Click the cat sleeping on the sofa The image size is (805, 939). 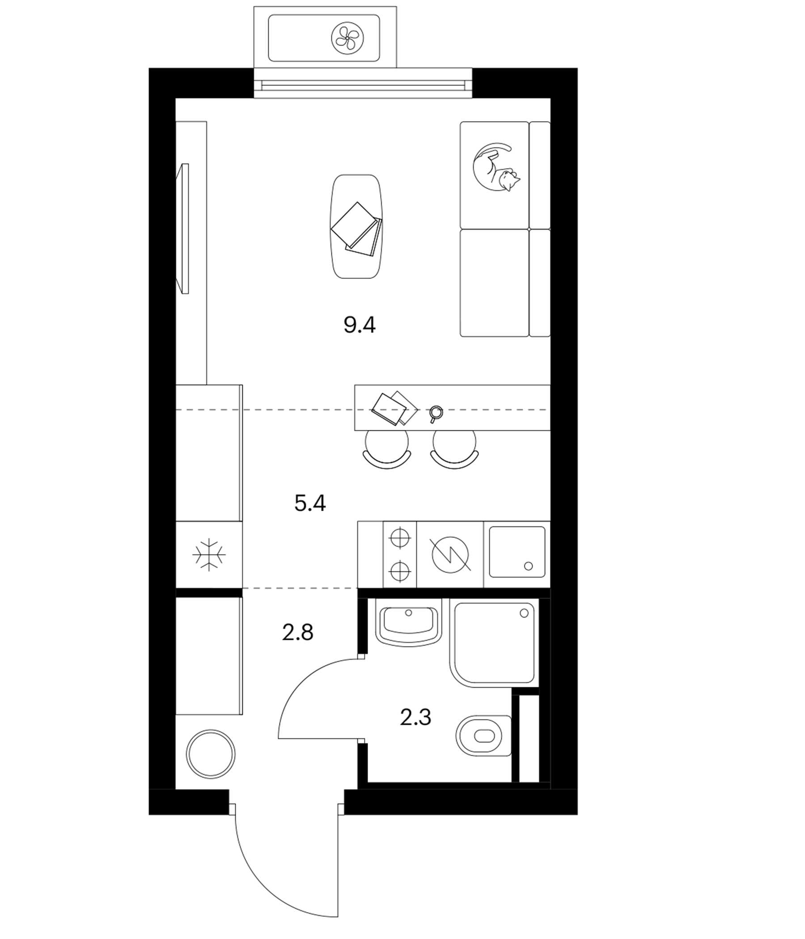(x=495, y=168)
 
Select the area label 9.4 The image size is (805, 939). (x=360, y=325)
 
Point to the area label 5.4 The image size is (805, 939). (x=310, y=503)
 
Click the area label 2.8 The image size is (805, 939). (x=298, y=632)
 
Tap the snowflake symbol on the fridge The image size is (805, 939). (x=209, y=554)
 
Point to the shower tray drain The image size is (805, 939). (x=524, y=613)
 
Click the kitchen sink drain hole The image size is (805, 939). (x=528, y=566)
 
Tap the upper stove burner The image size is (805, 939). (x=400, y=538)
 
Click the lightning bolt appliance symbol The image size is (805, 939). (x=450, y=554)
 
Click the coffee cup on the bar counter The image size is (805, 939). (x=436, y=413)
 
